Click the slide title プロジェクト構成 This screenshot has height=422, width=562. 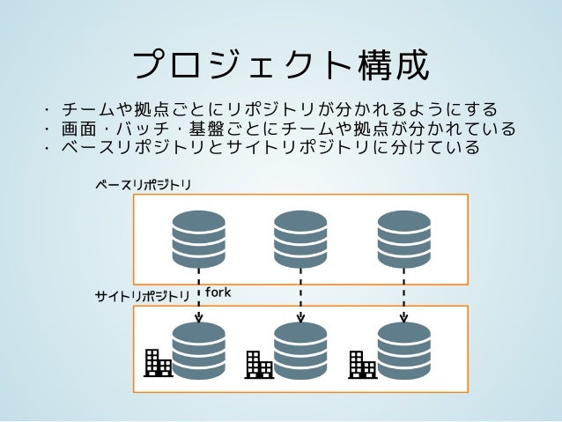[280, 64]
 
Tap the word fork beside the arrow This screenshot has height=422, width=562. [218, 292]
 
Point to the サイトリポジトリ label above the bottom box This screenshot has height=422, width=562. [143, 297]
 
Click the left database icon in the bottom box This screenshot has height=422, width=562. [198, 351]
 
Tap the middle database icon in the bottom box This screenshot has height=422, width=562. [300, 351]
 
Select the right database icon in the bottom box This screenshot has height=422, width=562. [403, 351]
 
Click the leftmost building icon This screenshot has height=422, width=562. [158, 363]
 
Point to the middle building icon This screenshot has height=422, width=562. [259, 365]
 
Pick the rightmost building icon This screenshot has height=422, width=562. [362, 365]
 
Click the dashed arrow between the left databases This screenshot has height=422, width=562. [198, 296]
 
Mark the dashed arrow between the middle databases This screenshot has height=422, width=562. [300, 296]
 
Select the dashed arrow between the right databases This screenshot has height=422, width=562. [403, 296]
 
